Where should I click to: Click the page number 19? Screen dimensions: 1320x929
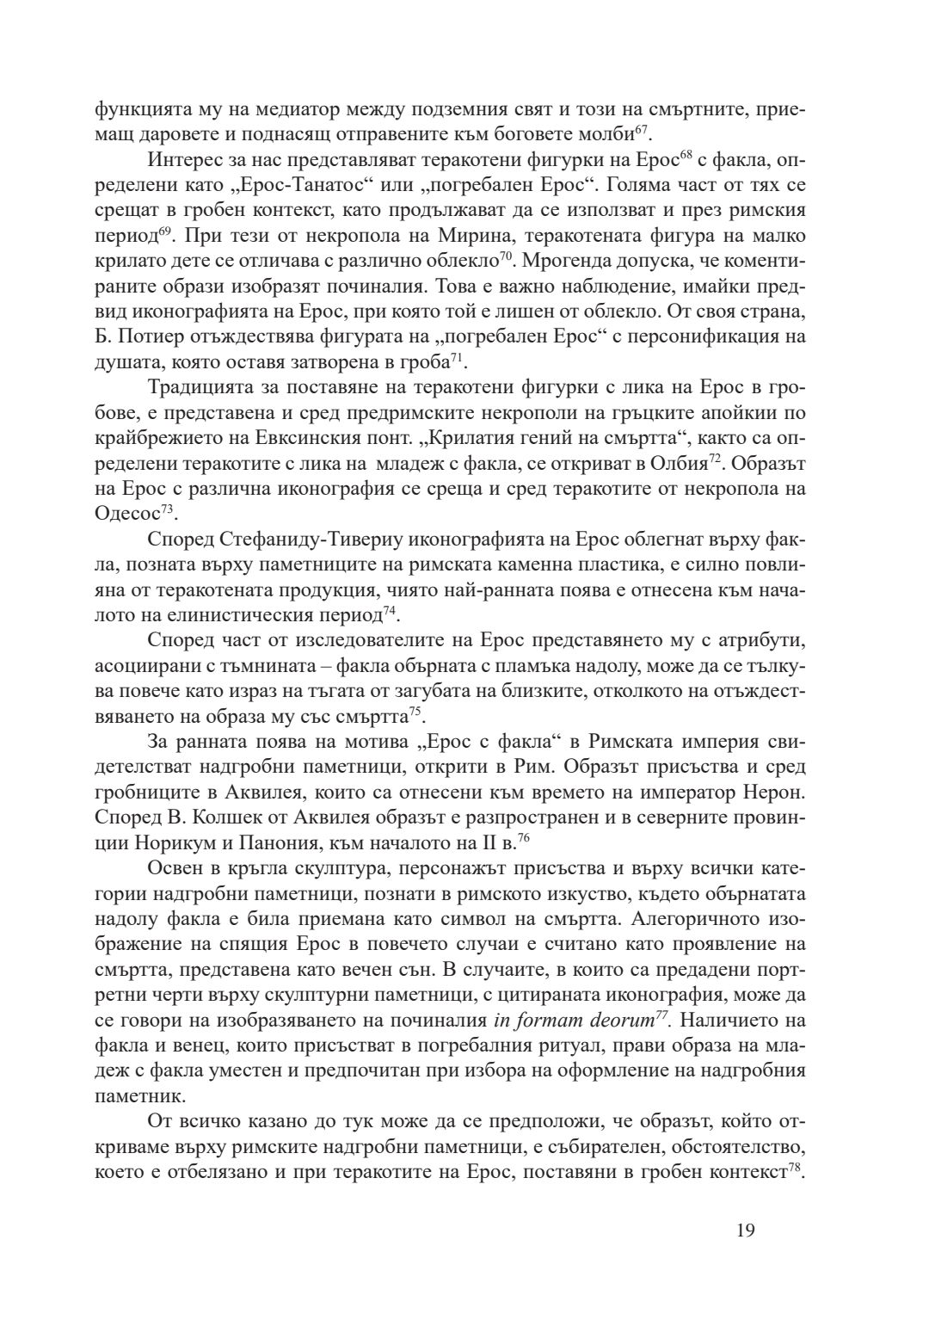coord(746,1231)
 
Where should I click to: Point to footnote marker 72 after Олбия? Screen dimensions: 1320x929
coord(713,460)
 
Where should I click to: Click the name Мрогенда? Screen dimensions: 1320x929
coord(561,259)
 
